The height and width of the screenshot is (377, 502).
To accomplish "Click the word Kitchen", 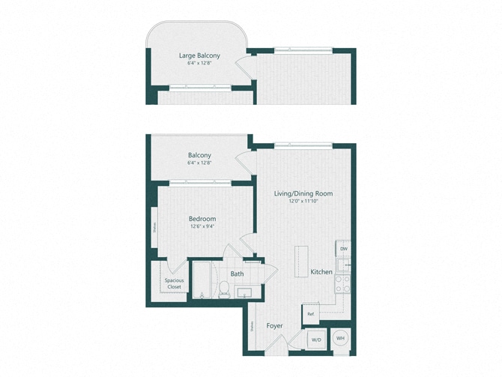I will pos(322,271).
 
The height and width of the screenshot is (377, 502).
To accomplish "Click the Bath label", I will pos(237,274).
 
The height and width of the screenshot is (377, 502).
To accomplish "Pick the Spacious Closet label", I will pos(174,283).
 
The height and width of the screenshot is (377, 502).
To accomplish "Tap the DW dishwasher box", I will pos(344,249).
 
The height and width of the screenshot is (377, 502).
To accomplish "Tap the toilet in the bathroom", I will pos(223,288).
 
